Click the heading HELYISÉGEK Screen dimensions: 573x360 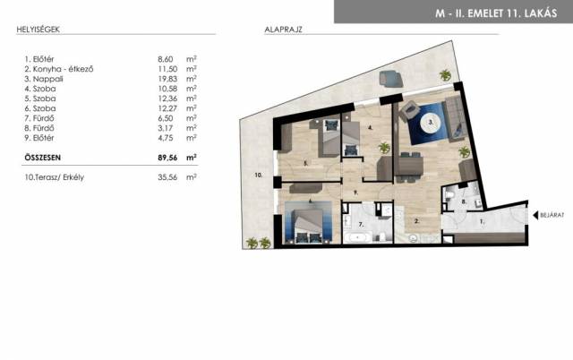[38, 30]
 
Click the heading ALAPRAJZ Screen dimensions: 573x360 [283, 30]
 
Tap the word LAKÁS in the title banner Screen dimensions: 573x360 [541, 13]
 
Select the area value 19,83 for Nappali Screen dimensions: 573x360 [167, 79]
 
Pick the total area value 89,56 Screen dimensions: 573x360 [167, 158]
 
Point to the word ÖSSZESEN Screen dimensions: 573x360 [43, 158]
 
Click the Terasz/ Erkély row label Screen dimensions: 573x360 [55, 177]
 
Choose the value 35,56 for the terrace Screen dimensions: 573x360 [167, 177]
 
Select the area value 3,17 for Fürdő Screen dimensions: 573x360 [167, 128]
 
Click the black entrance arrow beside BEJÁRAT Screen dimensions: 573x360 [535, 215]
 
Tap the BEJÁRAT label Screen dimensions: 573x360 [552, 215]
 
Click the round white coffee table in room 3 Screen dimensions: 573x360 [432, 123]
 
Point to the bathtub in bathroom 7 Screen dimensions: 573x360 [357, 237]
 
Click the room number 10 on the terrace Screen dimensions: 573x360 [259, 176]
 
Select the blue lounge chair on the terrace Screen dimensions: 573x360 [391, 79]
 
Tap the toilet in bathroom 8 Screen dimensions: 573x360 [449, 197]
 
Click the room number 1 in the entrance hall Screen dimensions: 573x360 [482, 221]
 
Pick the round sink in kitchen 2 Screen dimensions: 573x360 [413, 238]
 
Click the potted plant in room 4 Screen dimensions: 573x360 [384, 148]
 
